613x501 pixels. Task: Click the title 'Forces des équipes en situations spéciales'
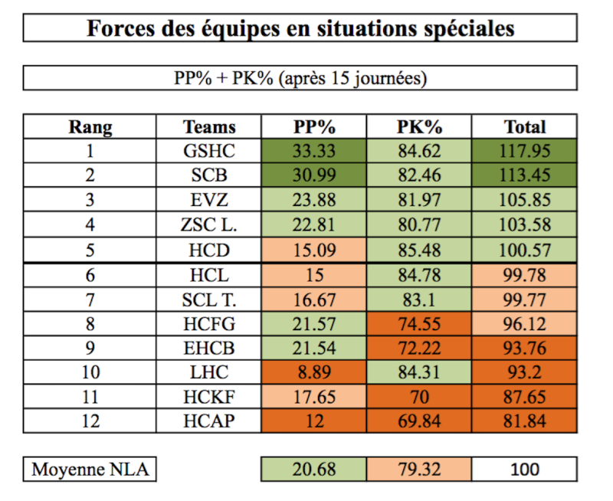click(x=300, y=28)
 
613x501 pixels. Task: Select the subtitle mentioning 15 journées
click(x=300, y=79)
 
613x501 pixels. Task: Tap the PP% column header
click(x=314, y=126)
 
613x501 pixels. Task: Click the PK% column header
click(x=419, y=126)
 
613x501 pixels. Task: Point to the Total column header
click(x=525, y=126)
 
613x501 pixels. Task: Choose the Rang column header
click(x=90, y=126)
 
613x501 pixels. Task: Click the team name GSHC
click(x=209, y=150)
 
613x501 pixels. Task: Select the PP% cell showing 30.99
click(x=314, y=175)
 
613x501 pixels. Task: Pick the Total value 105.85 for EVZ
click(x=525, y=200)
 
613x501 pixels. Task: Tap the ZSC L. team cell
click(x=209, y=224)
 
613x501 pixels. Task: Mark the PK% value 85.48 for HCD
click(x=419, y=249)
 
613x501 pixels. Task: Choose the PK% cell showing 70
click(x=419, y=396)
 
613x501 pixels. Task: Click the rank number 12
click(x=90, y=421)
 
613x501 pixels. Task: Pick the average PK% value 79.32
click(x=419, y=470)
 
